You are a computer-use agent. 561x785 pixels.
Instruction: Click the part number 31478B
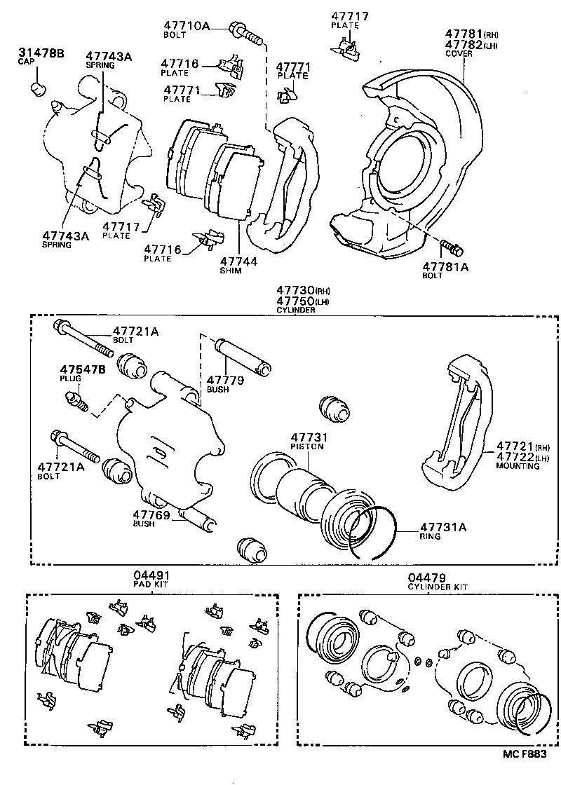40,53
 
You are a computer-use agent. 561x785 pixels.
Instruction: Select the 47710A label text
187,26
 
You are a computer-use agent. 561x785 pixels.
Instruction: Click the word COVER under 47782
460,53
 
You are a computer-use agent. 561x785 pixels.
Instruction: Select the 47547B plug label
83,369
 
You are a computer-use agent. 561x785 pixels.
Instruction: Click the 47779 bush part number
224,379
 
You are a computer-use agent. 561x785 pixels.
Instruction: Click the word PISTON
306,446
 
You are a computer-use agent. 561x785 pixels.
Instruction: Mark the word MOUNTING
518,465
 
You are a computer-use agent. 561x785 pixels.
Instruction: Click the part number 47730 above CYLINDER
294,290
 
